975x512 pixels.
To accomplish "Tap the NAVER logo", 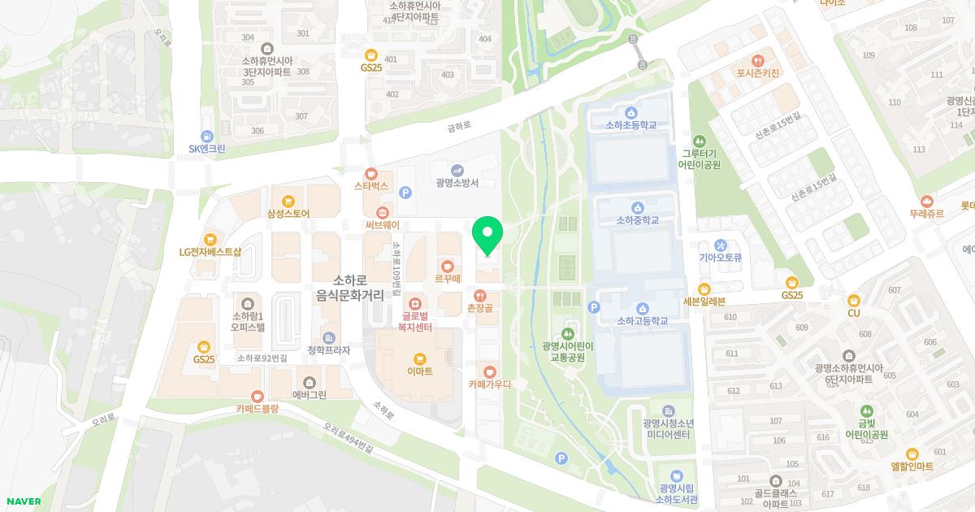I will [24, 501].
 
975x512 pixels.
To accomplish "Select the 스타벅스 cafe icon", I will [371, 173].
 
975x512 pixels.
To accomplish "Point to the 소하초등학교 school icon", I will [630, 112].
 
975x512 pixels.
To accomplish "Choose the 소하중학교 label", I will [636, 219].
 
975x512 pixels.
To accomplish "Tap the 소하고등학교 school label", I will [642, 321].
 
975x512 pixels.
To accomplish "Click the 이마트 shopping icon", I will [419, 358].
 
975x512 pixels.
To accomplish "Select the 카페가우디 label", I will [489, 384].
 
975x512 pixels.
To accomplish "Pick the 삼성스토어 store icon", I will [288, 201].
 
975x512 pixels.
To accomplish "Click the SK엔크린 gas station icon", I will [206, 136].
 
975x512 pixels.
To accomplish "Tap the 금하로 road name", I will [459, 127].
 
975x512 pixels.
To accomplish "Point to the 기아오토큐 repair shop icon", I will [720, 245].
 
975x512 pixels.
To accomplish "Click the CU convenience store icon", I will [853, 300].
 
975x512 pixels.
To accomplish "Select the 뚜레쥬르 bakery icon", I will [927, 201].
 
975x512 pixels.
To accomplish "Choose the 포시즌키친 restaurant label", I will [757, 73].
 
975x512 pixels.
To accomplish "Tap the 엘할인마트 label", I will [912, 466].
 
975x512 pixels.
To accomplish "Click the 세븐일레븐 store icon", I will [704, 289].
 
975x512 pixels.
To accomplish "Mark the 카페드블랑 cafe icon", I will [257, 396].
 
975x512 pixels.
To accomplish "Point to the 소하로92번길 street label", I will [262, 358].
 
